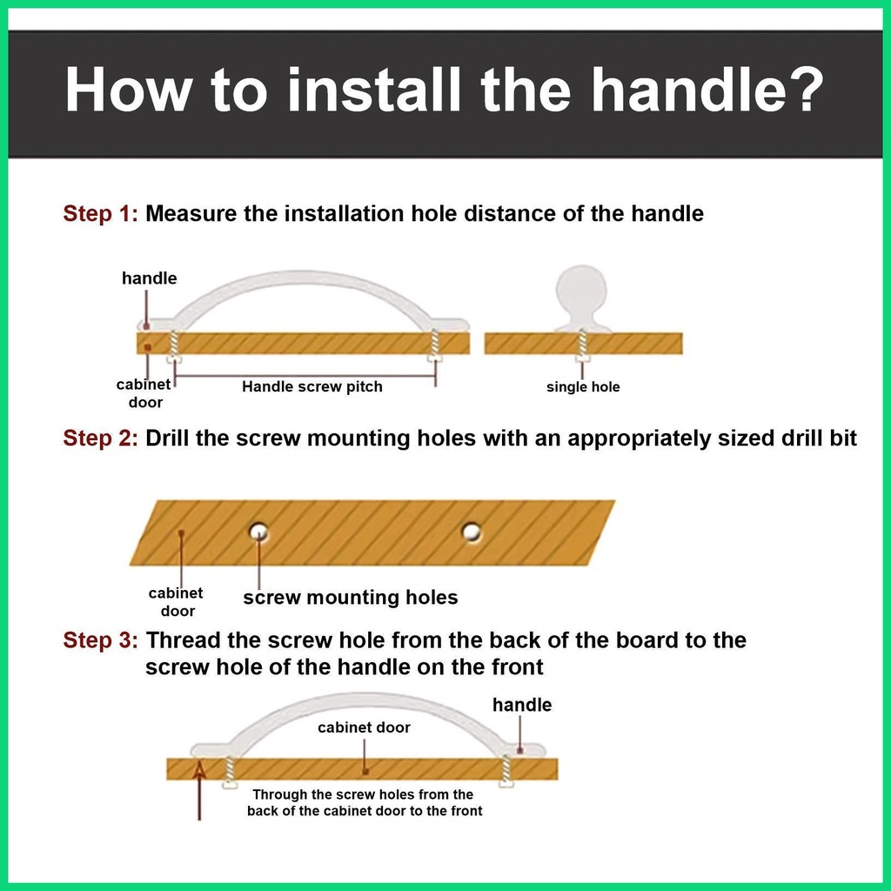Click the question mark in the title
coord(801,90)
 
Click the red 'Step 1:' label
coord(101,214)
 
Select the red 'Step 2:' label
coord(101,439)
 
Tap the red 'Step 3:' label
coord(101,640)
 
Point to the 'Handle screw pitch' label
coord(312,387)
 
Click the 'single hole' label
coord(583,387)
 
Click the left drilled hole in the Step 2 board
coord(259,533)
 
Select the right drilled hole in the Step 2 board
coord(472,533)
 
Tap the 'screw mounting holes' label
coord(351,597)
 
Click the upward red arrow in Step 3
coord(199,790)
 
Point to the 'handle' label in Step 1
coord(150,278)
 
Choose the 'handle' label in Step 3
coord(522,705)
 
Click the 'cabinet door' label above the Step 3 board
coord(364,727)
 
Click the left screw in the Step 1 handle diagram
coord(174,345)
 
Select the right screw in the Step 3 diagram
coord(506,770)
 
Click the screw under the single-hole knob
coord(581,345)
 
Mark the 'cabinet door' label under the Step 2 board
coord(176,602)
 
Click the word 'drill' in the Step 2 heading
coord(801,439)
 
